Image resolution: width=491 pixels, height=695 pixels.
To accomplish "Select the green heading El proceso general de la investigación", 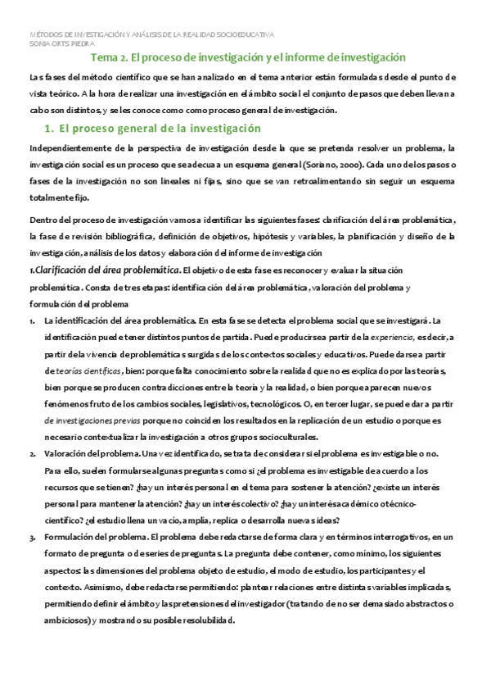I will click(x=160, y=129).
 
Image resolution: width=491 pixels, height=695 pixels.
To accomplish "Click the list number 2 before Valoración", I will click(x=31, y=453).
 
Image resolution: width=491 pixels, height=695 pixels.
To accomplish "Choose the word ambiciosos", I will click(x=71, y=620).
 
